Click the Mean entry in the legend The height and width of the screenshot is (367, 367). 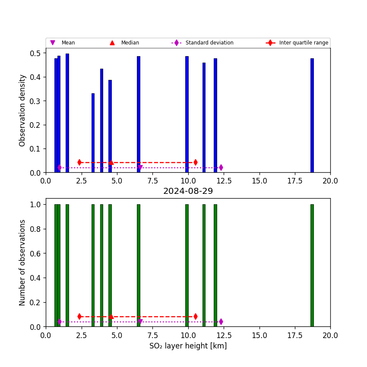click(x=68, y=43)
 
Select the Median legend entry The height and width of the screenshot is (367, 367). click(x=130, y=43)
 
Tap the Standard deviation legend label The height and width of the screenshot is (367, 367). click(x=209, y=43)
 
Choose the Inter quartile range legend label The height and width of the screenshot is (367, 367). click(x=304, y=43)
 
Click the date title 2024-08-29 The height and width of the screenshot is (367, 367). click(x=188, y=191)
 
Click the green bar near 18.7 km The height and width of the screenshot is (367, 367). click(x=312, y=265)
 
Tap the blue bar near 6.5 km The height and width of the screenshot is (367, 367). click(x=138, y=114)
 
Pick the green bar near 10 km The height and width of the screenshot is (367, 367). click(x=187, y=265)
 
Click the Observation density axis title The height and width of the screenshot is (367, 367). click(x=22, y=110)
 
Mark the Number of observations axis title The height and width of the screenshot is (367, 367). click(x=22, y=263)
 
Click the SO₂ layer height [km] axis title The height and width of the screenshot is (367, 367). click(x=188, y=346)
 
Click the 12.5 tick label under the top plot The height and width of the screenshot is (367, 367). click(x=224, y=180)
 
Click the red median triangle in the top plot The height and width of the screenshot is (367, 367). click(x=111, y=162)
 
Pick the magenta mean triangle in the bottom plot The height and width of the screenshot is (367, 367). click(x=140, y=322)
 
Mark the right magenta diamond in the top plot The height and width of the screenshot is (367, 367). click(x=221, y=168)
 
